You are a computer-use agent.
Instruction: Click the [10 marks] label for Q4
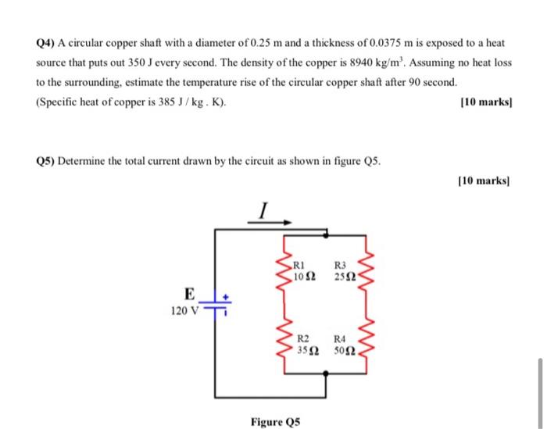486,102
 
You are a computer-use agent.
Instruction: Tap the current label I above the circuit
264,209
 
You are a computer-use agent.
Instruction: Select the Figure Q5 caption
276,422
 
